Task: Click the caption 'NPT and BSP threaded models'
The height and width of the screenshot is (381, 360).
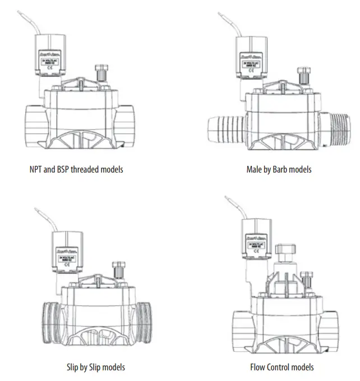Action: click(x=76, y=169)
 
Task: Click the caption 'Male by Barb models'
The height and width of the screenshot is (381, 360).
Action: click(x=279, y=169)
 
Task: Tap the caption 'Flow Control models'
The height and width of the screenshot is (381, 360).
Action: click(x=281, y=367)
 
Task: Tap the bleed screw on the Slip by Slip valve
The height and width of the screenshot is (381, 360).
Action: click(x=118, y=270)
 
